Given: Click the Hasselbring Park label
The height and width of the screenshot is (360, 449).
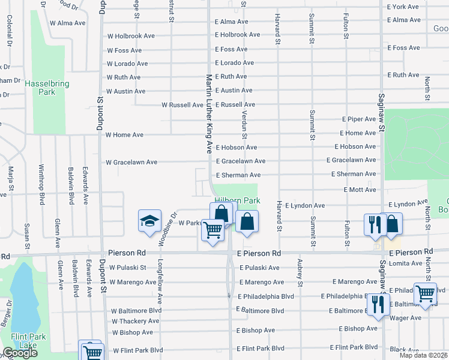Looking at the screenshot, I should pyautogui.click(x=40, y=88).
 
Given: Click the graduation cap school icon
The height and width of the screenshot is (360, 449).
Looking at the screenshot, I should pyautogui.click(x=150, y=221).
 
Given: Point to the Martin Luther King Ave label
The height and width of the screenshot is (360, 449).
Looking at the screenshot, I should pyautogui.click(x=209, y=113).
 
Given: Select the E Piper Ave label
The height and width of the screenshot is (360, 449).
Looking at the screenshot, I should pyautogui.click(x=359, y=119).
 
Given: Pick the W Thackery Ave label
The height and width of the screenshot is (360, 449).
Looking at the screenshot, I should pyautogui.click(x=136, y=322).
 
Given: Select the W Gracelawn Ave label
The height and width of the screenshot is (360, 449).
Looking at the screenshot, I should pyautogui.click(x=131, y=162).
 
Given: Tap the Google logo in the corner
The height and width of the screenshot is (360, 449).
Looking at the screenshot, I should pyautogui.click(x=20, y=353).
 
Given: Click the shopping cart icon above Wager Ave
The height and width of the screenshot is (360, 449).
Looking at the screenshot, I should pyautogui.click(x=425, y=294).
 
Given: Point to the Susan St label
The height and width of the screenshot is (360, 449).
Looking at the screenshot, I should pyautogui.click(x=27, y=236).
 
